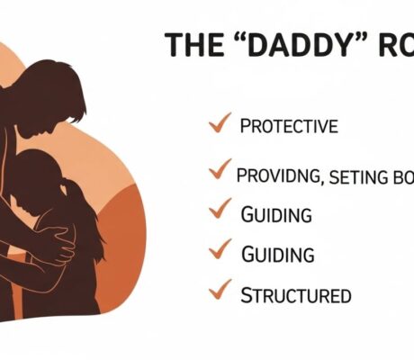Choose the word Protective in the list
[x=289, y=126]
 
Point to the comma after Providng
[x=320, y=182]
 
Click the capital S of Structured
[x=246, y=294]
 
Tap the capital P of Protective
[x=245, y=126]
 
